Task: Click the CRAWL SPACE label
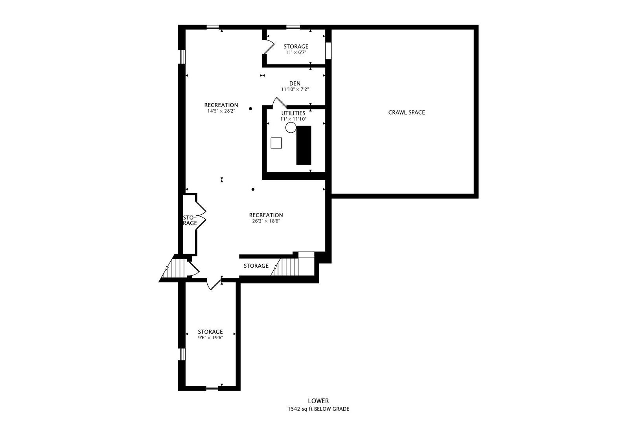[x=406, y=112]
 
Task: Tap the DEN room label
[x=295, y=83]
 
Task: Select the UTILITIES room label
[x=293, y=113]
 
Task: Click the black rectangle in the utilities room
[x=304, y=145]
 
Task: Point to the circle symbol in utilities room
[x=291, y=127]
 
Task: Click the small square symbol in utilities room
[x=276, y=143]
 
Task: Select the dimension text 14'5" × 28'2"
[x=221, y=111]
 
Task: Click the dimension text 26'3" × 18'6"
[x=266, y=221]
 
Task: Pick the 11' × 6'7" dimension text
[x=296, y=52]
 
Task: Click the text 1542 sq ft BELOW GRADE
[x=318, y=409]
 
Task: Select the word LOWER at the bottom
[x=318, y=401]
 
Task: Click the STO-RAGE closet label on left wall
[x=190, y=220]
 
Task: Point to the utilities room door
[x=280, y=102]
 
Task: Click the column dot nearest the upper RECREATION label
[x=250, y=108]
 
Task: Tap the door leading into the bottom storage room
[x=215, y=284]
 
